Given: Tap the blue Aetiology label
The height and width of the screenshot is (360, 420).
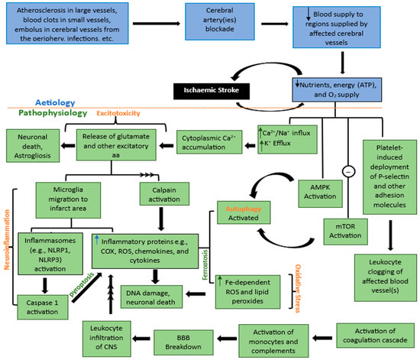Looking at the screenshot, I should point(57,101).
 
